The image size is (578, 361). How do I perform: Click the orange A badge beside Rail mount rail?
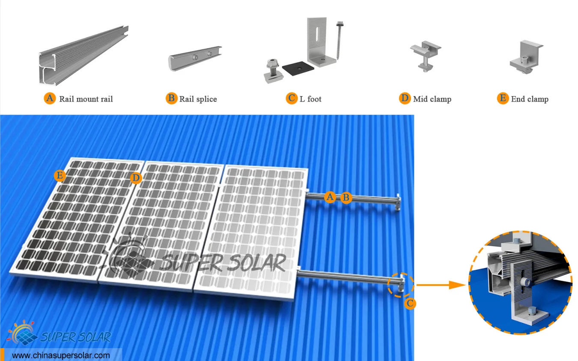tap(50, 99)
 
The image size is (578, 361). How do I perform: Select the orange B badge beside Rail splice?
tap(171, 99)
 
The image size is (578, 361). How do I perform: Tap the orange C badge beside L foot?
tap(292, 99)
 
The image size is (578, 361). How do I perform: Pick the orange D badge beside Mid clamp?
tap(405, 99)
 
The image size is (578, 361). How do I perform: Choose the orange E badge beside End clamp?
tap(503, 99)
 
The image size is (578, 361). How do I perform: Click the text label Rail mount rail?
tap(86, 99)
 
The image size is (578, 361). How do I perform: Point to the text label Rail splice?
tap(198, 99)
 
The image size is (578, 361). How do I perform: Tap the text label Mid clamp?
tap(432, 99)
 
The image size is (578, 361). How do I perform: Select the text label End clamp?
tap(530, 99)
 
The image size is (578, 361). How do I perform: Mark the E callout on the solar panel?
tap(60, 175)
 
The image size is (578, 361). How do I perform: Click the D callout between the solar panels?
tap(136, 177)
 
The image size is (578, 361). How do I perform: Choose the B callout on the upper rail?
tap(346, 198)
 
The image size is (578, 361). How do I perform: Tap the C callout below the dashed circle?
tap(410, 304)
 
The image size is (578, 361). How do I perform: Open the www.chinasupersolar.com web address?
tap(61, 355)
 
